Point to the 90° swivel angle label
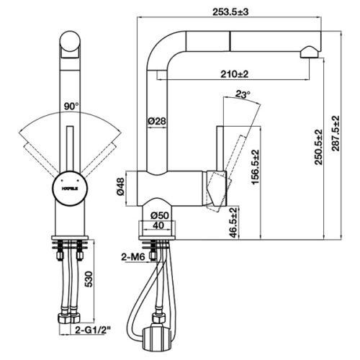click(71, 106)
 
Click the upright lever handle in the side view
click(222, 148)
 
